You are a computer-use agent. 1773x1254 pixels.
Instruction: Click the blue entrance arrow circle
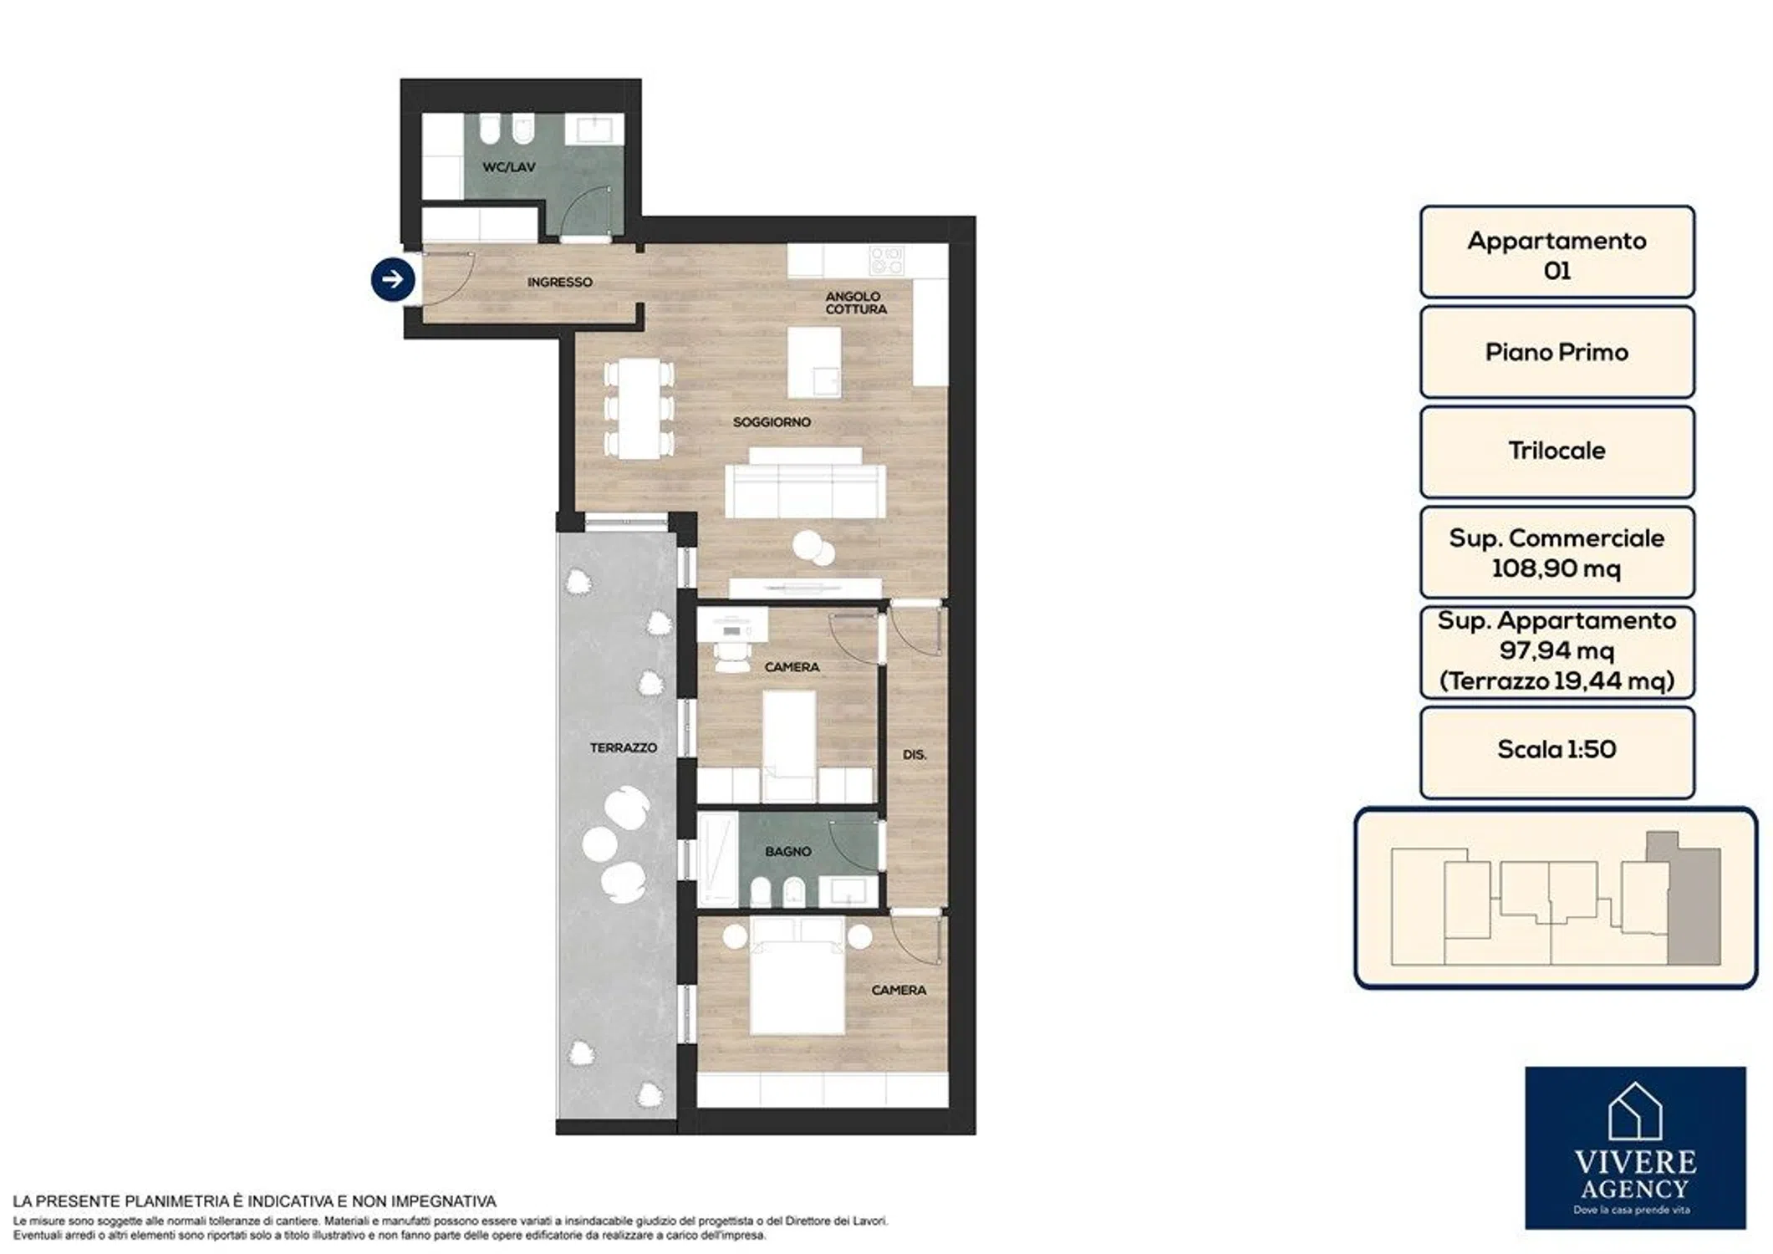click(393, 279)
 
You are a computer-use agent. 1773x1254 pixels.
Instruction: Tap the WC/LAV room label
click(509, 167)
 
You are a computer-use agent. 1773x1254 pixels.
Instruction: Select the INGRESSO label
click(559, 283)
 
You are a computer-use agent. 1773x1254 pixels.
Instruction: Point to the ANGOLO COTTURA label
click(855, 303)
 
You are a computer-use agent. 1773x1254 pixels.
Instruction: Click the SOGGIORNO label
click(772, 422)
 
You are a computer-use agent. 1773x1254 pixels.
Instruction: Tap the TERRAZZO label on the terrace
click(623, 747)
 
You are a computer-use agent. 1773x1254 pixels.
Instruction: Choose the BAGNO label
click(788, 851)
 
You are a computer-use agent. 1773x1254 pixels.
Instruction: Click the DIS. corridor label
click(915, 754)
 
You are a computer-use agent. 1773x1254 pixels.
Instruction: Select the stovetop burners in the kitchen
click(887, 260)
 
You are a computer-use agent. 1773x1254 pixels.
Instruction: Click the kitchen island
click(814, 362)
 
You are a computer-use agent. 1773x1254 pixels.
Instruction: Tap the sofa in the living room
click(805, 483)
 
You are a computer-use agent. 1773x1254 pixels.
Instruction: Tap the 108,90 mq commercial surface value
click(1556, 568)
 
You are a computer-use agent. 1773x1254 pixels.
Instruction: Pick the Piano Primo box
click(1556, 352)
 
